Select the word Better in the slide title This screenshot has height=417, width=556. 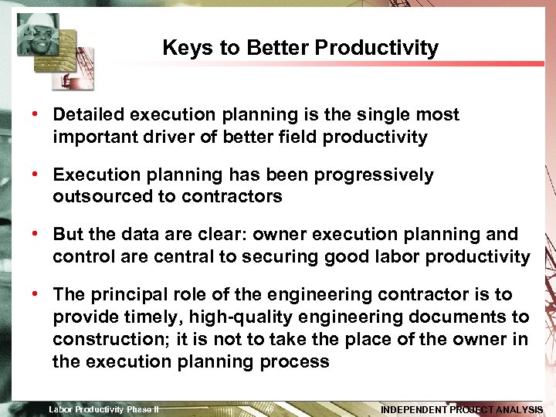(281, 48)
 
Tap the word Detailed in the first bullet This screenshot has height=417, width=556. (89, 115)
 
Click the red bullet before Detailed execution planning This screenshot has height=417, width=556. (36, 115)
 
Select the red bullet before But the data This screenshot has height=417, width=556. (36, 234)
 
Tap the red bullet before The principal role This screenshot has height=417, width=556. (36, 294)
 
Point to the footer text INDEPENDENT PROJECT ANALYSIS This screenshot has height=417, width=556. (462, 409)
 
